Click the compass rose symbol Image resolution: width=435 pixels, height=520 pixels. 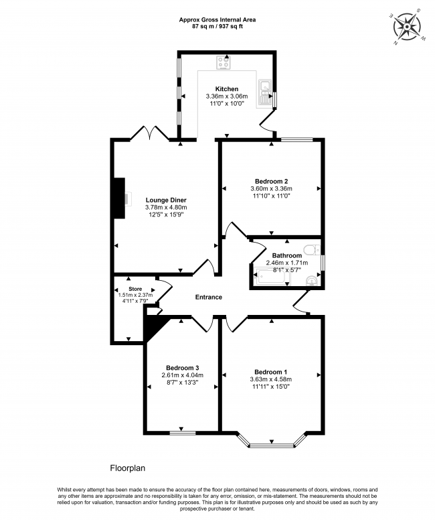407,27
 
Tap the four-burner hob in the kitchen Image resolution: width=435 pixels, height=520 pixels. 223,63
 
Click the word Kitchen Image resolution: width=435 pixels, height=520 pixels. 226,89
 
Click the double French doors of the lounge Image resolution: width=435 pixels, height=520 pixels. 147,133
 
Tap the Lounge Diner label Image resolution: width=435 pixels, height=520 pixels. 165,200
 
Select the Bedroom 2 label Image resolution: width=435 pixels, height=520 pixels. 271,181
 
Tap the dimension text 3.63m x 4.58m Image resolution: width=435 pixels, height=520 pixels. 271,379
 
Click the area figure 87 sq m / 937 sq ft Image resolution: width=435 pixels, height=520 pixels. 217,27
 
